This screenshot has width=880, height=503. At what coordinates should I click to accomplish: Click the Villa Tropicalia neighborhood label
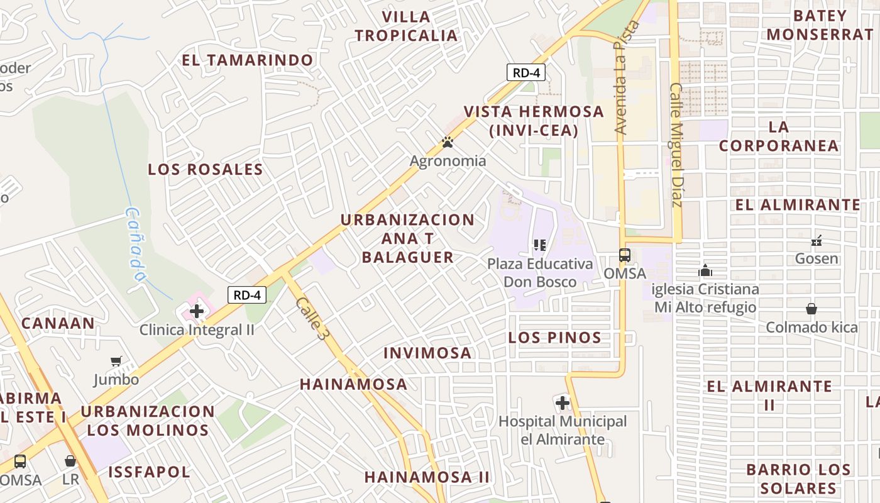point(406,26)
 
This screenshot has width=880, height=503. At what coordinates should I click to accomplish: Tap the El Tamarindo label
point(248,60)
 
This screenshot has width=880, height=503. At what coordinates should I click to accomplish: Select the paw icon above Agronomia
point(448,143)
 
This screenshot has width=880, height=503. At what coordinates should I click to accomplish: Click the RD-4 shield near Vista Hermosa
point(526,72)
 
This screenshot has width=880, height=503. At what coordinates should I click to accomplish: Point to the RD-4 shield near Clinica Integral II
point(247,295)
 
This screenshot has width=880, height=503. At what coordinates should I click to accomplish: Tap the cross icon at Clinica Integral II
point(197,311)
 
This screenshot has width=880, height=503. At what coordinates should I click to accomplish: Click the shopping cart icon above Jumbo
point(116,362)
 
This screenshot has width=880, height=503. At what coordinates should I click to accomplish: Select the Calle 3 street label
point(312,319)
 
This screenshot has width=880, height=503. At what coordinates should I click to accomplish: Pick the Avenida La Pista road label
point(627,78)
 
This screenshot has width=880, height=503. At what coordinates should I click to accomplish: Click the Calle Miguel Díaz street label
point(676,145)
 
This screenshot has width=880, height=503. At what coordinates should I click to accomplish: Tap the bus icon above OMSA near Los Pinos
point(625,255)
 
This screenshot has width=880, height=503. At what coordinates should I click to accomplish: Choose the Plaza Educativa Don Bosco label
point(540,272)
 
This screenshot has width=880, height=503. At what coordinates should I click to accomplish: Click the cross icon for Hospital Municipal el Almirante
point(563,402)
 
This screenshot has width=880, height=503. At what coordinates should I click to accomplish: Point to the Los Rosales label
point(206,169)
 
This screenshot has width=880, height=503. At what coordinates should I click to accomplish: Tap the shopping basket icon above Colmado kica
point(811,309)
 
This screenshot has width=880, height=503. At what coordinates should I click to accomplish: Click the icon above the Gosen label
point(817,240)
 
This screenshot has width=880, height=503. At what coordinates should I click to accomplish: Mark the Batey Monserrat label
point(819,25)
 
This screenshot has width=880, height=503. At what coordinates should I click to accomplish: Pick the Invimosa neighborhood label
point(427,353)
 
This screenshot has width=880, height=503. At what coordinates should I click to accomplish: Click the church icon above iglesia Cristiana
point(705,270)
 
